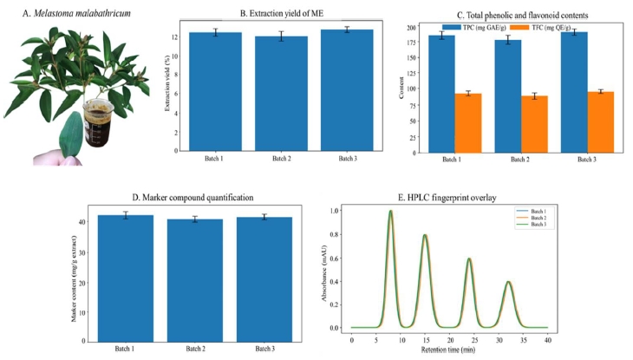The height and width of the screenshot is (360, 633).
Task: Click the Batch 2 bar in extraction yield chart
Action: click(x=281, y=94)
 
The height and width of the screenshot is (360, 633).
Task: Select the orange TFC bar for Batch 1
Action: click(x=468, y=123)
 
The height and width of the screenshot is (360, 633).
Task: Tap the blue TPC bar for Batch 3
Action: click(x=574, y=92)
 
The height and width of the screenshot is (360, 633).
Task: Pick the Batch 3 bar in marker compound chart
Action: click(x=264, y=279)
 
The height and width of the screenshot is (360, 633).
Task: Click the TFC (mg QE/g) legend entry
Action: click(x=540, y=28)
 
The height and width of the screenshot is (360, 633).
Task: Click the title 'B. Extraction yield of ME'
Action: click(x=282, y=13)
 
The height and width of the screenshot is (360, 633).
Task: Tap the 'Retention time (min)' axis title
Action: click(x=448, y=350)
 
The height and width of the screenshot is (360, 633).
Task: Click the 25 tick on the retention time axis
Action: click(x=475, y=340)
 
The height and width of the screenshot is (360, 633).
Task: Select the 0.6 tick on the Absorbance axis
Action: click(x=335, y=258)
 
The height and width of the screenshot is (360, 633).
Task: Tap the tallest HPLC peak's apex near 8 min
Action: click(x=390, y=211)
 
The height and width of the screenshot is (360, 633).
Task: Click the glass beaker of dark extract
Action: click(x=98, y=123)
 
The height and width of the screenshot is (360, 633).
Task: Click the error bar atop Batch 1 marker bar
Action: click(x=126, y=215)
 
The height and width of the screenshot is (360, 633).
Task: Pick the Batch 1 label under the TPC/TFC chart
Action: click(x=452, y=160)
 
